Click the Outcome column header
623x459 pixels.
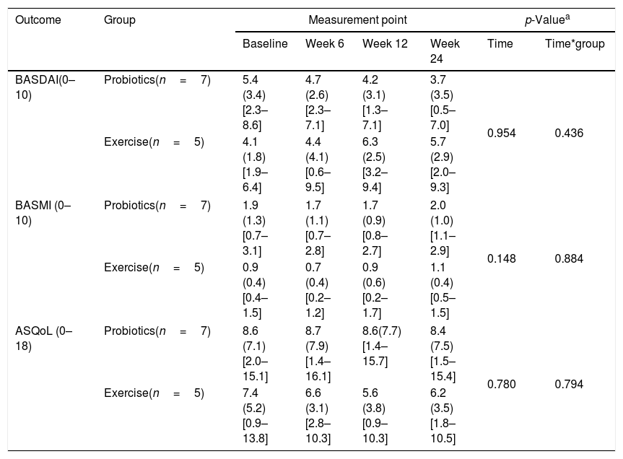click(38, 20)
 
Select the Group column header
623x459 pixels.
click(120, 20)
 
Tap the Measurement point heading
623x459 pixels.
click(357, 20)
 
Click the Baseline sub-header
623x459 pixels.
click(265, 44)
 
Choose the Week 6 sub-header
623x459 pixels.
click(325, 44)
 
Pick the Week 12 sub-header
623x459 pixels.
click(385, 44)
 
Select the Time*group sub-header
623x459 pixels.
click(575, 44)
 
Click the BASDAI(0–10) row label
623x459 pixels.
click(45, 87)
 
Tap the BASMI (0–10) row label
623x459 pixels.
click(43, 213)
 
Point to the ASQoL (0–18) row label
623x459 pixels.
click(44, 338)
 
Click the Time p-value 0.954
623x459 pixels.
click(502, 133)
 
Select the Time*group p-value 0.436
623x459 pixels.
click(569, 133)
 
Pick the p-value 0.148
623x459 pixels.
click(502, 258)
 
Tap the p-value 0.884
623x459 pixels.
click(569, 258)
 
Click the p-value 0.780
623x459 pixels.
click(502, 384)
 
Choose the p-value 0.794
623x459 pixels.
click(569, 384)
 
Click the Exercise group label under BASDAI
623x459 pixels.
click(154, 142)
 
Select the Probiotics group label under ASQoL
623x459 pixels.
click(157, 331)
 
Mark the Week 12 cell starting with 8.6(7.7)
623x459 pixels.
click(381, 346)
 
